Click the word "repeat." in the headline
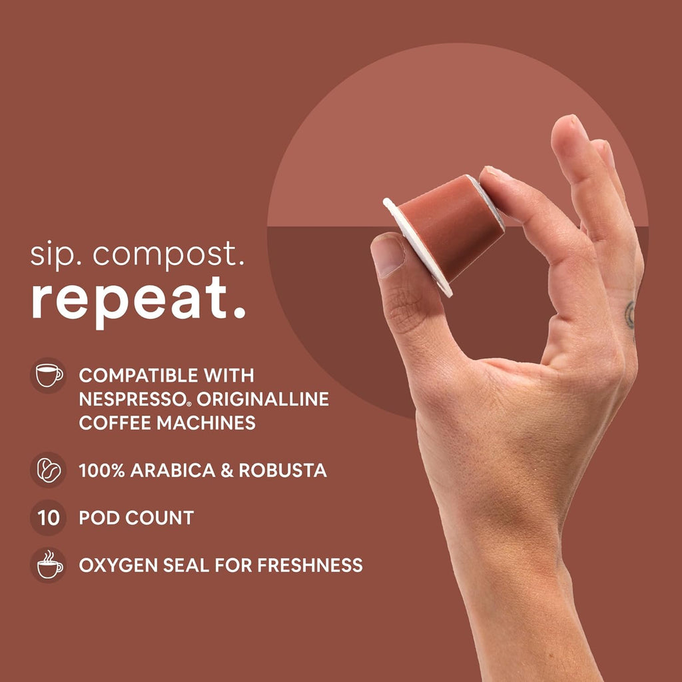139,300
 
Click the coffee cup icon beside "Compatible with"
49,375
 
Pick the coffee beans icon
49,470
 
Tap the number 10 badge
49,517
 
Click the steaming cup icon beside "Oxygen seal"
49,565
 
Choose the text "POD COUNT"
136,517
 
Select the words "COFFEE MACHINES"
167,423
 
